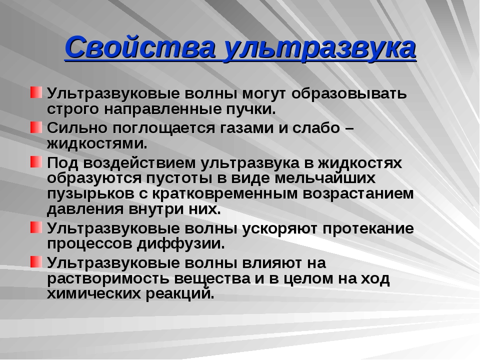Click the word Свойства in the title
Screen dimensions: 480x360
point(139,48)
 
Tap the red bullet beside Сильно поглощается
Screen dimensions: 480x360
point(36,127)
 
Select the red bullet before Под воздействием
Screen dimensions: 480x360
point(36,161)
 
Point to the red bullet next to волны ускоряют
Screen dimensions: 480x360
point(36,227)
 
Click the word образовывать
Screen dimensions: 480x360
point(349,93)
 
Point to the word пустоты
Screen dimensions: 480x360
point(179,178)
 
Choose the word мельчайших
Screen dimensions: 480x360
point(325,177)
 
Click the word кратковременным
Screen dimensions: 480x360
point(225,194)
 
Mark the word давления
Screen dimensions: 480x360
point(85,209)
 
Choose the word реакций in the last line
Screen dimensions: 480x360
point(179,294)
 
